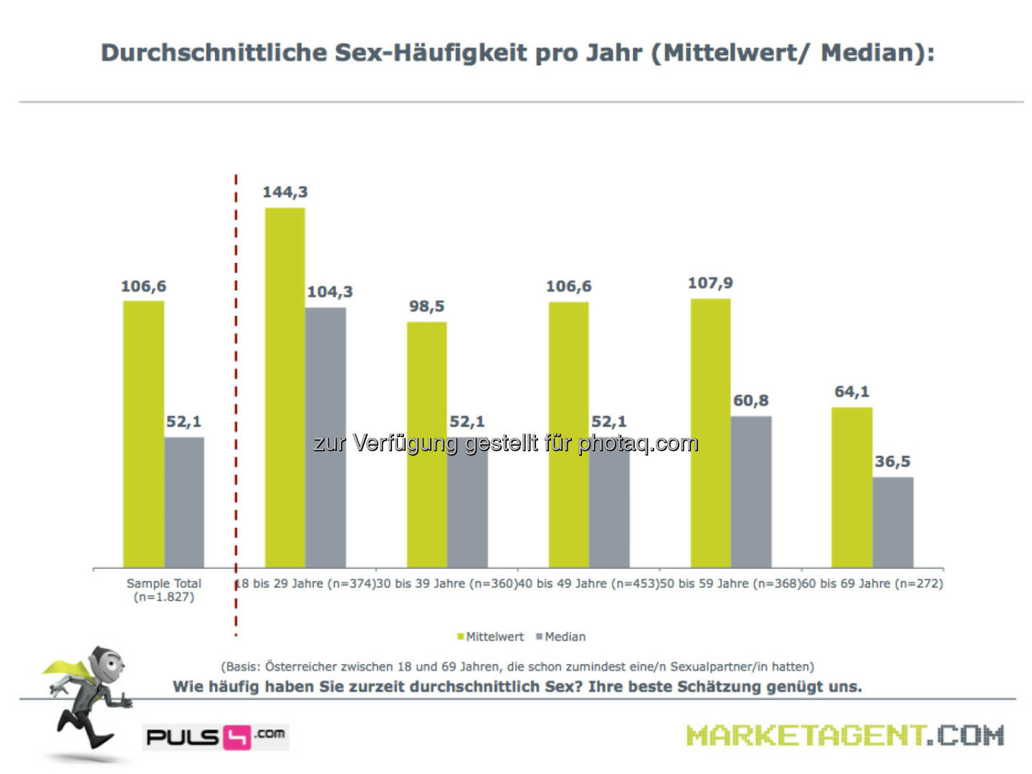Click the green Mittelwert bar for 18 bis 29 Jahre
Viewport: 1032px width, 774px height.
[285, 387]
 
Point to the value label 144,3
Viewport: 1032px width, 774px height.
[285, 192]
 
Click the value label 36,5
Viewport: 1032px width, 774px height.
[892, 462]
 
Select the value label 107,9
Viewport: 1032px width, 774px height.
[710, 283]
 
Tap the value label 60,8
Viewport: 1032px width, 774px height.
[750, 401]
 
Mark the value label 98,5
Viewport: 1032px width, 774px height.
[426, 306]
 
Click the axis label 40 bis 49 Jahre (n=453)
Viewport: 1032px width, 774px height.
[588, 583]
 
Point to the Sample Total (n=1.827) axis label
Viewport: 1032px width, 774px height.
[163, 590]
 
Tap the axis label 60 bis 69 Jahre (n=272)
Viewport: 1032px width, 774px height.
[872, 583]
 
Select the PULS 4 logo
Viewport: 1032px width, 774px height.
[216, 736]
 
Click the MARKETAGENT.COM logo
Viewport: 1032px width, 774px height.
[845, 735]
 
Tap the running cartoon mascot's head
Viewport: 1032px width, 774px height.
[107, 665]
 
